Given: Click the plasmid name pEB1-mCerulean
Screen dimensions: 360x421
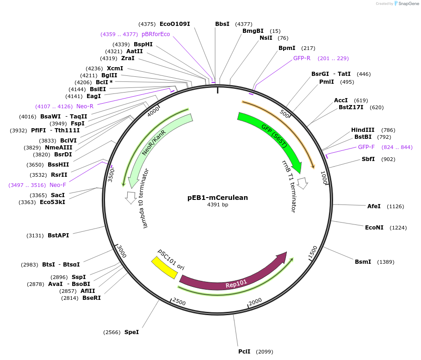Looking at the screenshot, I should (x=217, y=198).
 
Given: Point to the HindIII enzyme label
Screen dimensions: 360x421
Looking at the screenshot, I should (x=363, y=130).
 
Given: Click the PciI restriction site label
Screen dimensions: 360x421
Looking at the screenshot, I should (x=244, y=351).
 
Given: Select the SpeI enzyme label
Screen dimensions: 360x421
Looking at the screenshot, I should (x=131, y=332).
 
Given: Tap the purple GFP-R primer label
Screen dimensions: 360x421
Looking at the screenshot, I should (x=302, y=58).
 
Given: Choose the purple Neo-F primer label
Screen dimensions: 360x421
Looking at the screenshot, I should (x=58, y=185).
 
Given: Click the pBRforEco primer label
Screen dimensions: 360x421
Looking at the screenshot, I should (x=156, y=34).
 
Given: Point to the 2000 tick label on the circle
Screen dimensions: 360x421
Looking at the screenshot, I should (x=256, y=302).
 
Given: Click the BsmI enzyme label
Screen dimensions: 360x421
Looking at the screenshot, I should (x=363, y=262).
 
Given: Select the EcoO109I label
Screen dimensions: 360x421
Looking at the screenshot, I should (x=175, y=24).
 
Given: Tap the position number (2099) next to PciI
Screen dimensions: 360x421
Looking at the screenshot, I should (x=264, y=351).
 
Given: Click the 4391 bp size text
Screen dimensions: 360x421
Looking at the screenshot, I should (x=217, y=205).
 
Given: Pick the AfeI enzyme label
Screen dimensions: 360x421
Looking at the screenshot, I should (x=374, y=206).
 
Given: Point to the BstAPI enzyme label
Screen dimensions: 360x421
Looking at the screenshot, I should (x=58, y=235).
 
